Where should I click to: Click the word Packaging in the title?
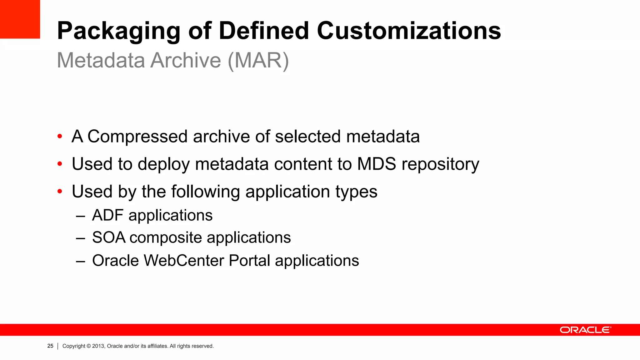click(119, 31)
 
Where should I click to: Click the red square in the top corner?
click(20, 19)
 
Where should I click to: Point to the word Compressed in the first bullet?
click(137, 137)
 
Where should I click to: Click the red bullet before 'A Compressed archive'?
click(60, 137)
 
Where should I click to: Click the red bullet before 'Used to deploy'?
click(60, 164)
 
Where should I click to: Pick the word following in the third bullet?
click(205, 192)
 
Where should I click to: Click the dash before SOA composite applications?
click(80, 238)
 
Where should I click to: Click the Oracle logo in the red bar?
click(585, 330)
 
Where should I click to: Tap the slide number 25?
click(50, 346)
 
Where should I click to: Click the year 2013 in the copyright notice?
click(98, 346)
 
